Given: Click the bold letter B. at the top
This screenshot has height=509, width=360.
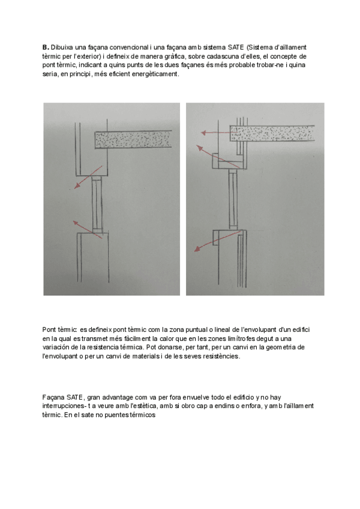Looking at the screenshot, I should [45, 46].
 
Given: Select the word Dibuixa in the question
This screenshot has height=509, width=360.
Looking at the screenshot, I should [63, 46].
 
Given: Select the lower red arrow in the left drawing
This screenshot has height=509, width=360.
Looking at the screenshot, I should [86, 226].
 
